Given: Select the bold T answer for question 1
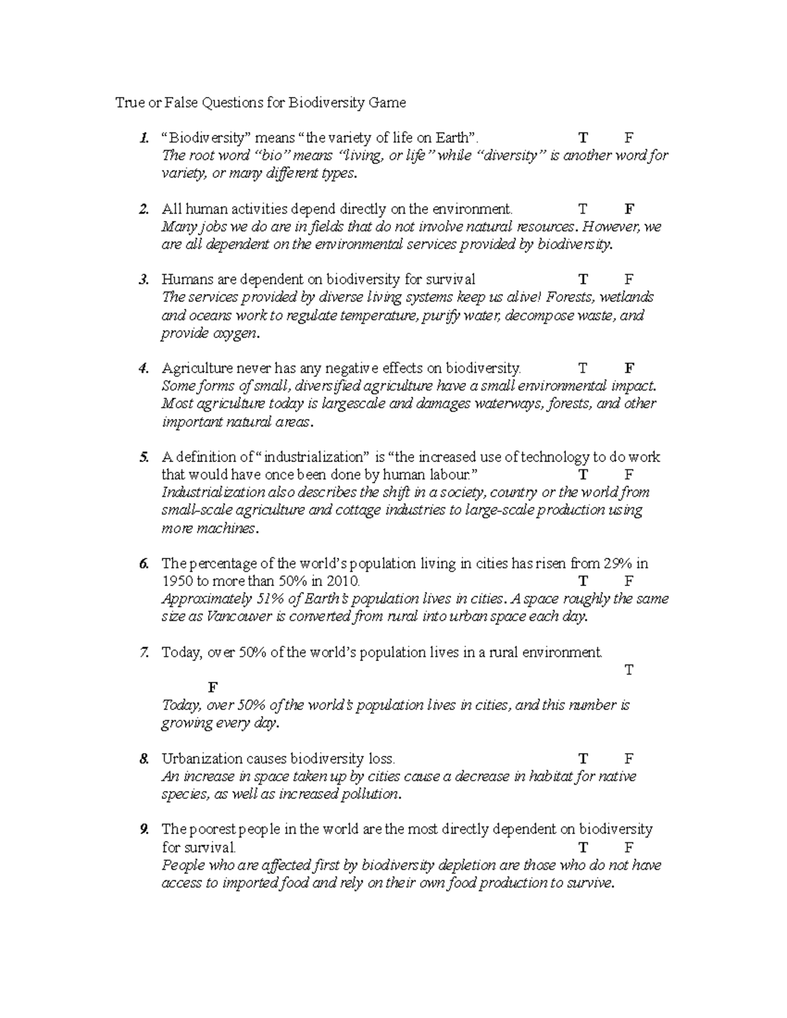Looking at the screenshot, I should (x=583, y=138).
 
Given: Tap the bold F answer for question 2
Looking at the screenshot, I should (x=630, y=209).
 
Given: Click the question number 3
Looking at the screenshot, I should (x=144, y=280).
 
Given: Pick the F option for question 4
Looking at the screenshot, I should (x=630, y=368).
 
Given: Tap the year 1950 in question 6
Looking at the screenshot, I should (x=177, y=581).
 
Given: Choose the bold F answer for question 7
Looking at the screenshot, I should (x=212, y=688).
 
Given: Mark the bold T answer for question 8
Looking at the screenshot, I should (x=583, y=759).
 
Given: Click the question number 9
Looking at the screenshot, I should (x=144, y=830).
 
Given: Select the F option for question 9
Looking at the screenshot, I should (x=629, y=848).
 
